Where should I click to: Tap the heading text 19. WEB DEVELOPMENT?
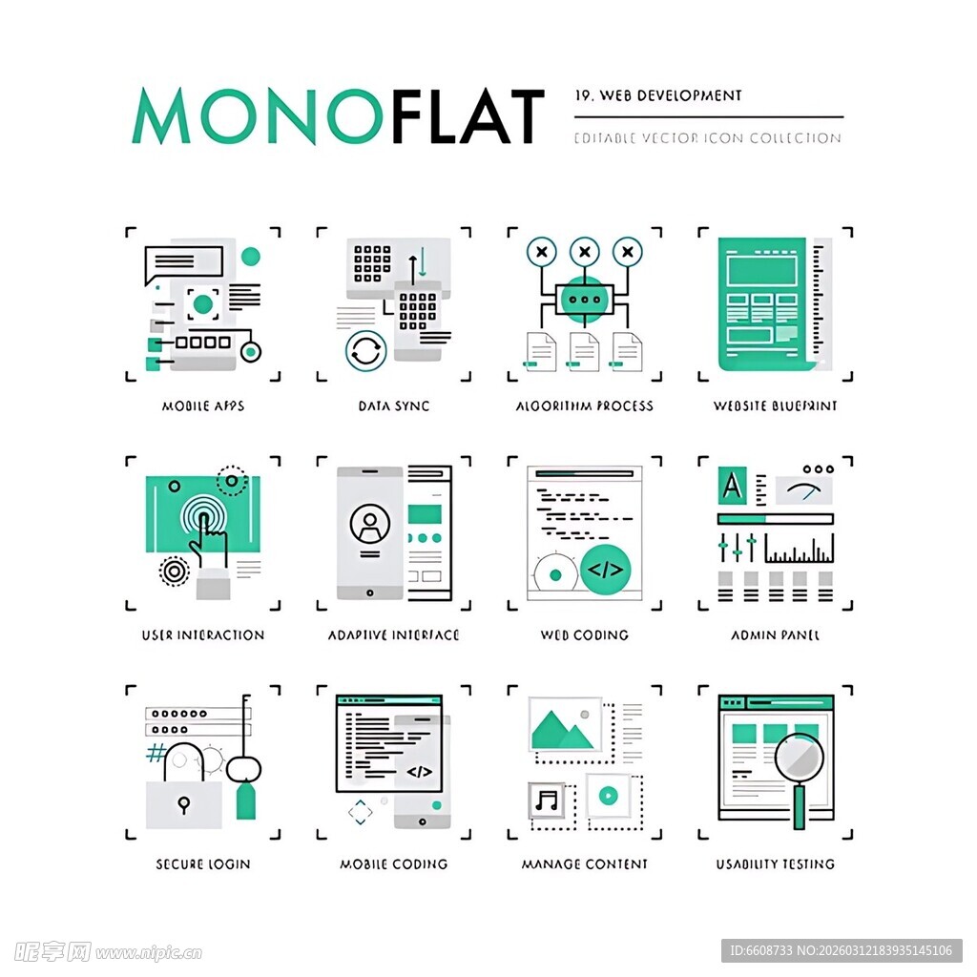pos(658,95)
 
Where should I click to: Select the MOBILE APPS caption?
pos(203,406)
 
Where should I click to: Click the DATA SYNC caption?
pos(394,406)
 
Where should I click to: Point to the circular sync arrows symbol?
pos(365,349)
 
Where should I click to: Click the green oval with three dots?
pos(584,299)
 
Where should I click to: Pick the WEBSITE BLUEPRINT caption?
pos(776,406)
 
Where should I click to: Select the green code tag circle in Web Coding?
pos(605,571)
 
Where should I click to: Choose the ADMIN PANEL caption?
pos(776,635)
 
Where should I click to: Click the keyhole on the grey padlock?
pos(183,804)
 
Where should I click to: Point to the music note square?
pos(548,799)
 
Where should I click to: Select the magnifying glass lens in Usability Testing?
pos(800,759)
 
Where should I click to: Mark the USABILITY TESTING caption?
pos(776,864)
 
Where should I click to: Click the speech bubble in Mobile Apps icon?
pos(183,263)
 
